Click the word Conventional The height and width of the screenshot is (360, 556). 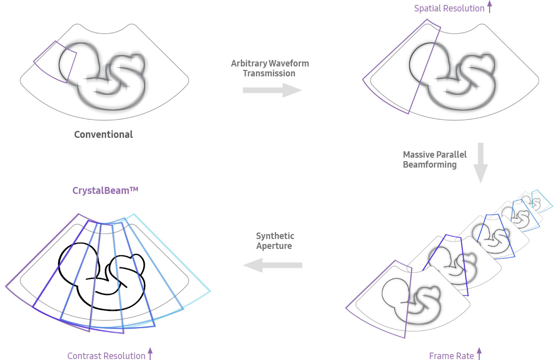point(104,134)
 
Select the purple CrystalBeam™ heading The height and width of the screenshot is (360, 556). point(105,190)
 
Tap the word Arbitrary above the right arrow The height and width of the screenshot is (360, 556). point(249,63)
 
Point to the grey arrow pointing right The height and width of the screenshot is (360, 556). point(272,90)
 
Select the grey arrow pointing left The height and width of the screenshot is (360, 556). point(272,266)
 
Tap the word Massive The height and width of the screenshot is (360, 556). point(419,154)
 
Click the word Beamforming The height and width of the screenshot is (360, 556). point(430,165)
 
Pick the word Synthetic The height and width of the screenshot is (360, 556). point(275,236)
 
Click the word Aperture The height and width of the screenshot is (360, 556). point(274,246)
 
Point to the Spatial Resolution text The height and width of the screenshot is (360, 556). point(449,8)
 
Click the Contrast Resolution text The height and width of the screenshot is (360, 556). point(107,356)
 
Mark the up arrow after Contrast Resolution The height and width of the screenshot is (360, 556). point(150,355)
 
